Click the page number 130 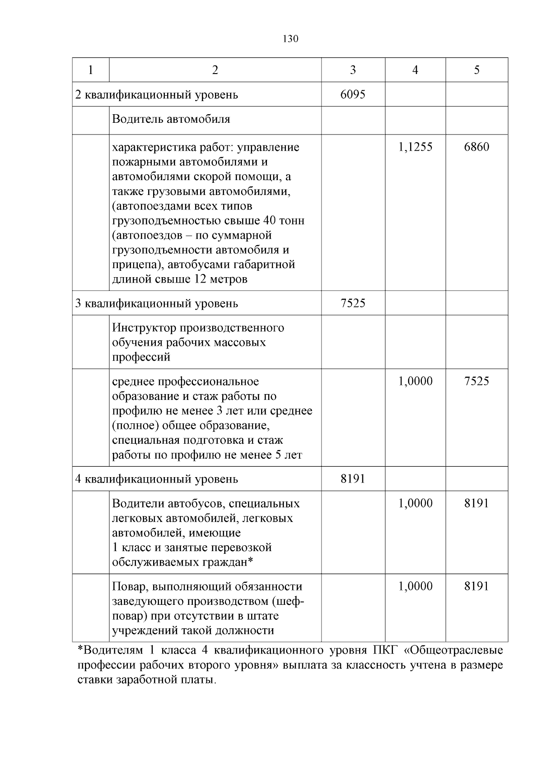[290, 39]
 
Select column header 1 [91, 70]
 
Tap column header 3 [353, 70]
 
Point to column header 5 [477, 70]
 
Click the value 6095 [353, 94]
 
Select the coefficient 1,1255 [415, 147]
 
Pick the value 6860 [477, 147]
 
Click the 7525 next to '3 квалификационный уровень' [353, 303]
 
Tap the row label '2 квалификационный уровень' [156, 95]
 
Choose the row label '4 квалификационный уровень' [156, 479]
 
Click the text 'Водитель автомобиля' [171, 119]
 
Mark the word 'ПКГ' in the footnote [384, 650]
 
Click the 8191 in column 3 [353, 478]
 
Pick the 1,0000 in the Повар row [415, 586]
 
